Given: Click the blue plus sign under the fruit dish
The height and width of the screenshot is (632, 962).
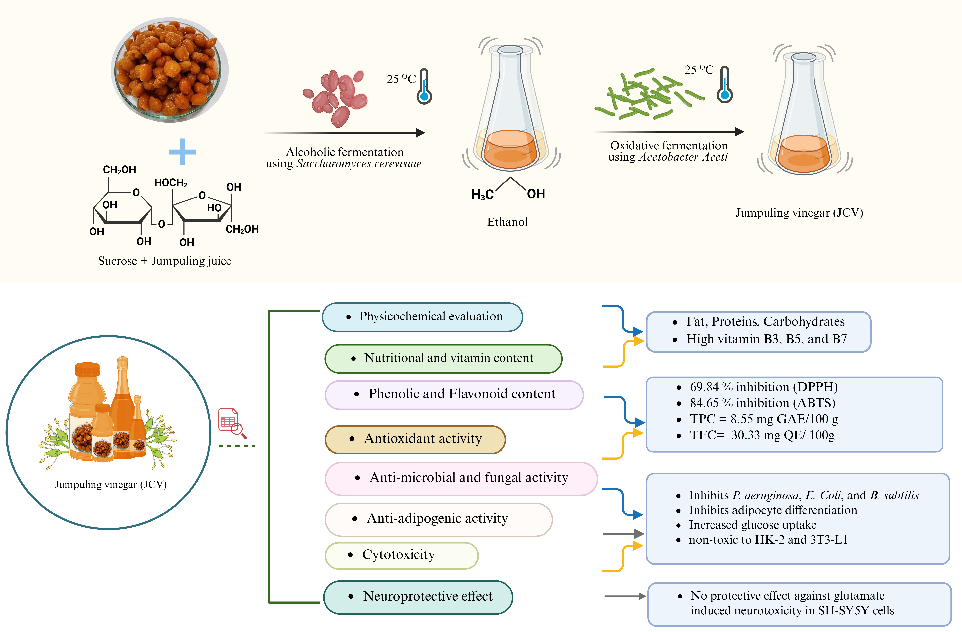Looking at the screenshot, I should [182, 152].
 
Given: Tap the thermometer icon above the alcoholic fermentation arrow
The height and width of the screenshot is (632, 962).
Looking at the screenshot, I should [424, 87].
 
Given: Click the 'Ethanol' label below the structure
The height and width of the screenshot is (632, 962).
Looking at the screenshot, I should [507, 222].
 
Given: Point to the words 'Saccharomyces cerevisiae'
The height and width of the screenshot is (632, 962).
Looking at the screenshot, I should [359, 164].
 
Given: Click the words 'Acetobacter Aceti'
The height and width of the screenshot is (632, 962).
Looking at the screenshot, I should [683, 157].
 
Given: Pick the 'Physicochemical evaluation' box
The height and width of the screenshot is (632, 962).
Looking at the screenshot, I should [422, 317].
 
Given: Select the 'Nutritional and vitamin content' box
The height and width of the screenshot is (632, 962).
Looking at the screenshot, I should [443, 358].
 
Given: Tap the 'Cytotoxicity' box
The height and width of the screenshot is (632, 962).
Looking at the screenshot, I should [401, 555].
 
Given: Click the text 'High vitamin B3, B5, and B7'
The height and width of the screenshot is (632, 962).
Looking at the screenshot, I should [766, 339].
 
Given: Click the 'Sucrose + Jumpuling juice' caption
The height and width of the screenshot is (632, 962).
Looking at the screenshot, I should [165, 261].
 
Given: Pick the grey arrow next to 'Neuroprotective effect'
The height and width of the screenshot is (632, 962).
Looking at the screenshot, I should [625, 596].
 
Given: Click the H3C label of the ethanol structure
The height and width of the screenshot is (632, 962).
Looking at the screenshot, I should [482, 195].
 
